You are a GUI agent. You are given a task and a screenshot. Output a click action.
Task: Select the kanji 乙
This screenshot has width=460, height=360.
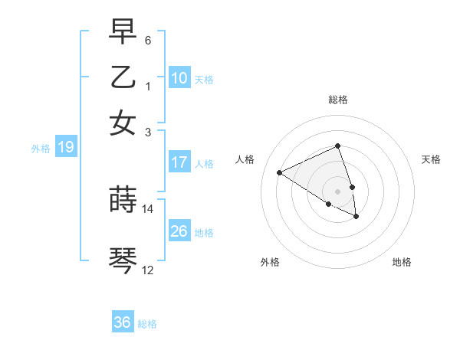coord(123,77)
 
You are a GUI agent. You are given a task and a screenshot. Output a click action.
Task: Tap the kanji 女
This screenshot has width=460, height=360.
coord(123,123)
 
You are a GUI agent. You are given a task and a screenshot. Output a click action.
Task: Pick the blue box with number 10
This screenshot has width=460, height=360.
coord(179,78)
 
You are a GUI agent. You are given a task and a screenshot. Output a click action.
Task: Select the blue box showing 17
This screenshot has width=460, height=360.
coord(179,162)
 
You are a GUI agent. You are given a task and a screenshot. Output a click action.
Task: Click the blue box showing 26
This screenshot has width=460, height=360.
coord(179,231)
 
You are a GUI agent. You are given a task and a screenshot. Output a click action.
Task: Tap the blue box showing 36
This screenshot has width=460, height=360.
coord(123,322)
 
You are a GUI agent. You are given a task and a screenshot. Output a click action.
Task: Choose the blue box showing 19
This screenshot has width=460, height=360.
coord(65,148)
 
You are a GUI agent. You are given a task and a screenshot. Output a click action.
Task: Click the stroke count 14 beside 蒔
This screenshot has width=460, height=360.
coord(148,208)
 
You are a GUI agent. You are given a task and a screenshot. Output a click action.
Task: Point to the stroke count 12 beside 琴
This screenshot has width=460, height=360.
coord(148,270)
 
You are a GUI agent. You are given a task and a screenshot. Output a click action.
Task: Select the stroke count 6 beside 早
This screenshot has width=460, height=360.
coord(148,40)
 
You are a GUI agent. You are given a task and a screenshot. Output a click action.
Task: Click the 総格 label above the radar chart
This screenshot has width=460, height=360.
coord(337,100)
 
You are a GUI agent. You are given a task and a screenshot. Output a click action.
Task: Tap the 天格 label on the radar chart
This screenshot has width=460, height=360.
coord(431,159)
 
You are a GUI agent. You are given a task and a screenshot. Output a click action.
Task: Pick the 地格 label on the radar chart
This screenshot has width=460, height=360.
coord(402,262)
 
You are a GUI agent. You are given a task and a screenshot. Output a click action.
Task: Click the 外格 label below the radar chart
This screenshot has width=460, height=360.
coord(270,262)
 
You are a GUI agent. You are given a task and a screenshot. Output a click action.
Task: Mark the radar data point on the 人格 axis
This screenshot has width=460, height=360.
coord(279,172)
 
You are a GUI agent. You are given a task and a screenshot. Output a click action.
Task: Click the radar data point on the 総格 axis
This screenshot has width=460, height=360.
coord(337,146)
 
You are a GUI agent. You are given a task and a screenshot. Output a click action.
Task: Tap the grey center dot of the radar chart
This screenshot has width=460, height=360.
coord(337,191)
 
